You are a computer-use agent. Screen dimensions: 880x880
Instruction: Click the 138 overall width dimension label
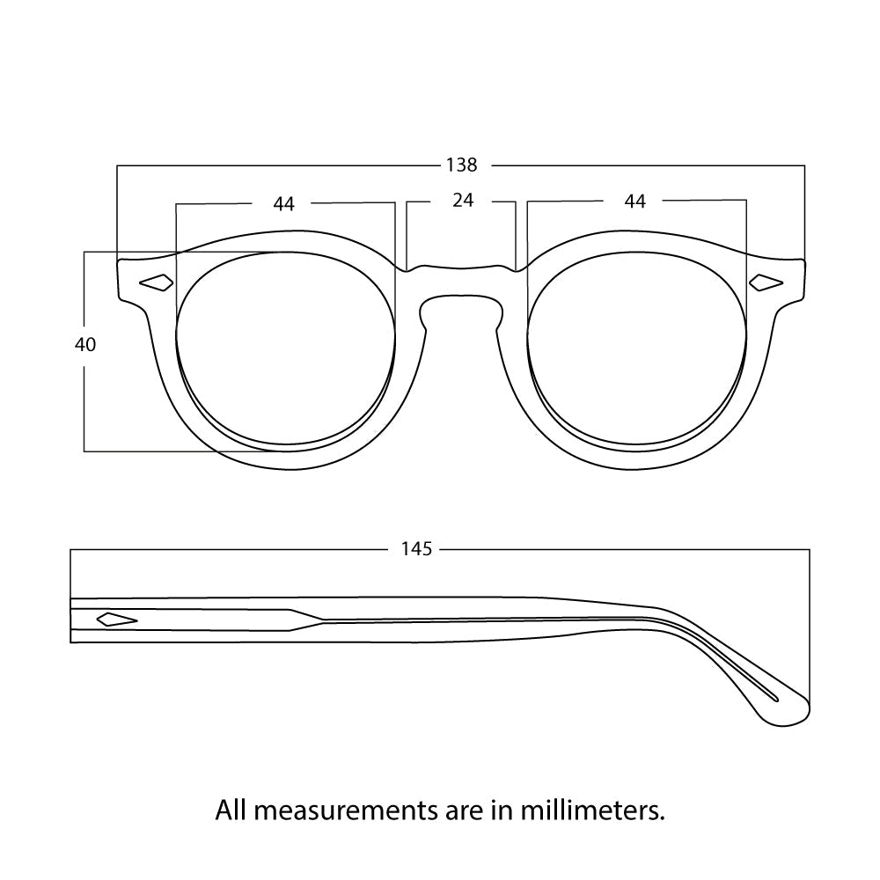tap(461, 165)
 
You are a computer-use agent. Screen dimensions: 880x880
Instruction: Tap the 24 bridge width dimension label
tap(463, 201)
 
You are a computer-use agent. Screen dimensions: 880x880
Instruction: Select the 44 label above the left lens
tap(283, 204)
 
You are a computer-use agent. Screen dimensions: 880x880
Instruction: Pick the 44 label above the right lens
tap(634, 202)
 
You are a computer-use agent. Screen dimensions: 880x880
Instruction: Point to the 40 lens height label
tap(85, 345)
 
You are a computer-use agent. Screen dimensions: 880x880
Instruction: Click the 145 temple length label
tap(416, 549)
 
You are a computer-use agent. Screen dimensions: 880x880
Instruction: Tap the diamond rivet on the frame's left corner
tap(157, 282)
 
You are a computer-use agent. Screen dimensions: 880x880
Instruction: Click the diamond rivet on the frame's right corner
tap(766, 282)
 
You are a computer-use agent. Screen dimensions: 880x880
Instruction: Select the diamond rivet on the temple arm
tap(116, 619)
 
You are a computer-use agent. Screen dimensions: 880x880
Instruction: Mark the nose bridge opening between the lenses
tap(461, 313)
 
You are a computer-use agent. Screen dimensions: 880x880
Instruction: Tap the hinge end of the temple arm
tap(74, 620)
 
